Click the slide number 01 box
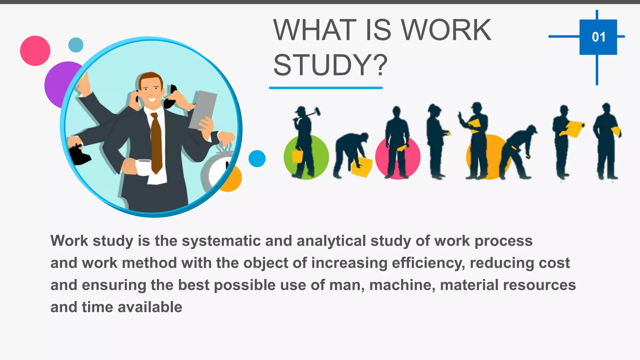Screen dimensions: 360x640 598,37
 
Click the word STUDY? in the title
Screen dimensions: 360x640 330,65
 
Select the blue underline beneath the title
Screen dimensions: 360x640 326,88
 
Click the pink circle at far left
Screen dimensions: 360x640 35,51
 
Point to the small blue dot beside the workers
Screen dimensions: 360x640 257,158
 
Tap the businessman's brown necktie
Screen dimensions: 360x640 156,142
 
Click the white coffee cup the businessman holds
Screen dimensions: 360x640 143,167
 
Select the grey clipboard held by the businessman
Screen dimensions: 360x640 203,109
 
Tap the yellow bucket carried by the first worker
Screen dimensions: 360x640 297,156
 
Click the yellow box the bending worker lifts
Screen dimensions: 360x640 362,167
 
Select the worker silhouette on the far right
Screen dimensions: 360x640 607,141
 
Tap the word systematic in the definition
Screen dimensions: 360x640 221,241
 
